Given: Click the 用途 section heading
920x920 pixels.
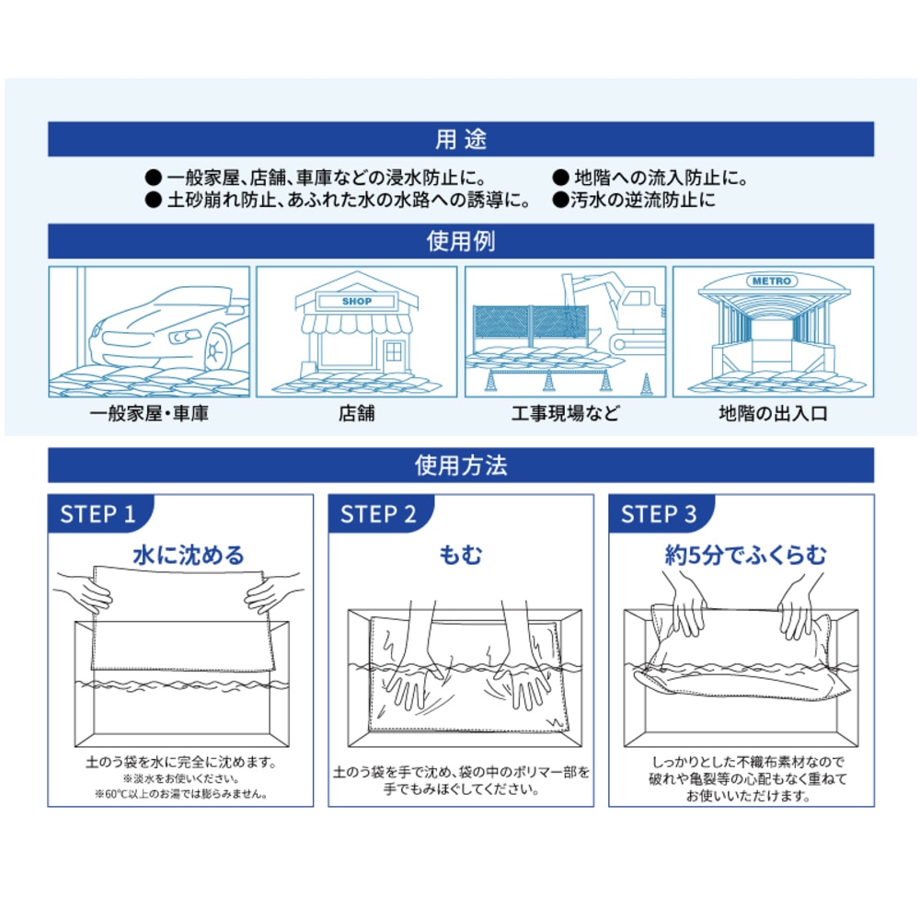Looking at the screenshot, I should pos(460,141).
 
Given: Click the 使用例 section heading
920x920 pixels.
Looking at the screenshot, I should pos(460,242).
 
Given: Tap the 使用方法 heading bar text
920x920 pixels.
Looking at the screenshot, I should pos(460,466).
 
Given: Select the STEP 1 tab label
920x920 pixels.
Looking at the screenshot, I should pos(98,514).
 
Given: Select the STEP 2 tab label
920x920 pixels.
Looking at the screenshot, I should pos(378,514).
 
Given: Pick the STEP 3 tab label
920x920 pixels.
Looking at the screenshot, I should pos(659,514).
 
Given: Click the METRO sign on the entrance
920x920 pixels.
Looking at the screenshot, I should pos(773,281).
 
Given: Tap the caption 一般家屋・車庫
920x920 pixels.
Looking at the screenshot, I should pos(149,414).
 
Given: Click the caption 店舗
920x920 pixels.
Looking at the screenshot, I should pos(356,414).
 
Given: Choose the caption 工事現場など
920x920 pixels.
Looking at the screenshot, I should pos(565,414).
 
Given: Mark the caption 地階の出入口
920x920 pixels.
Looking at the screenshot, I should pos(773,414).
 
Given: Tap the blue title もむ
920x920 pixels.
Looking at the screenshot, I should pos(460,555).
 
